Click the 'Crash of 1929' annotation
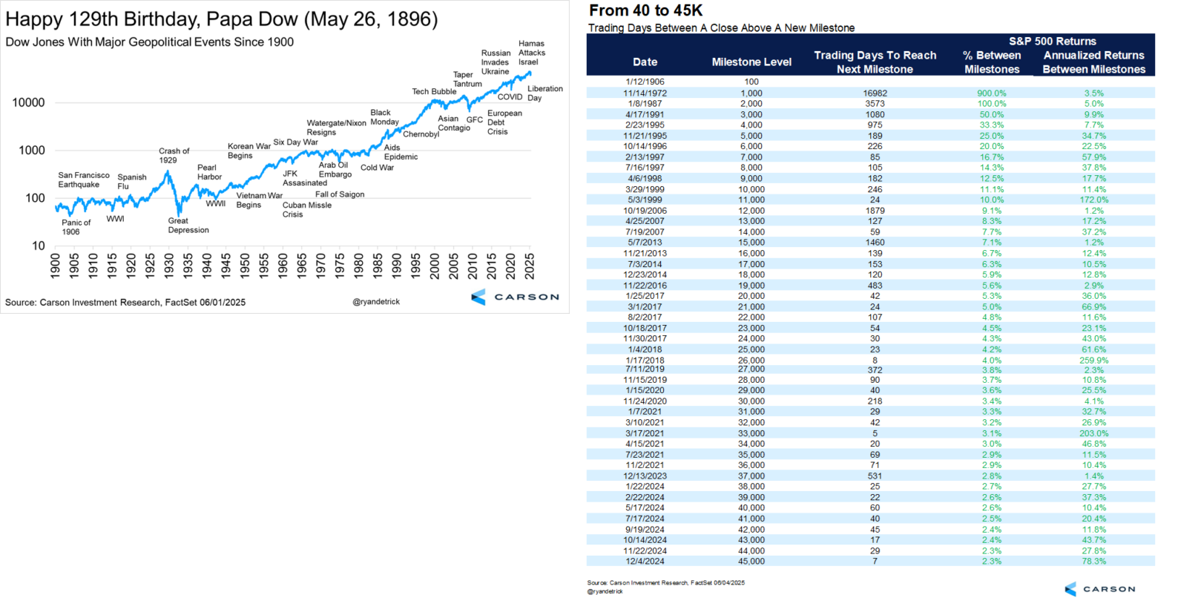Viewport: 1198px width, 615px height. (174, 155)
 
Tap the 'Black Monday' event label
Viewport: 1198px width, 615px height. (384, 117)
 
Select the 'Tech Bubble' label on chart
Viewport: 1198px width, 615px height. (434, 91)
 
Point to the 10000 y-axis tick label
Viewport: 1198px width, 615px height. (28, 102)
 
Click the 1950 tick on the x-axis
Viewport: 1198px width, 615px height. (245, 266)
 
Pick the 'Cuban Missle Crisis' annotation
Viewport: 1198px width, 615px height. (306, 209)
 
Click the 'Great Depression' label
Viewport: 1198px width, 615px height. (188, 225)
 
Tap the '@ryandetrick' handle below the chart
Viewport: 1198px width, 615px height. (376, 301)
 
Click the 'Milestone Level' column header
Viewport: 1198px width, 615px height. (751, 62)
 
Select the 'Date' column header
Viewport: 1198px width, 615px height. (645, 62)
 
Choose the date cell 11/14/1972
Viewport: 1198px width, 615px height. (645, 93)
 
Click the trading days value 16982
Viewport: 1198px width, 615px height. (875, 93)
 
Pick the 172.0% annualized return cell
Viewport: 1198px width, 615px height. (1093, 200)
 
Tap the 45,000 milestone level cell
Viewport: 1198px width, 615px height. (751, 561)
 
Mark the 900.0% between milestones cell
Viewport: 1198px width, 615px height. (991, 93)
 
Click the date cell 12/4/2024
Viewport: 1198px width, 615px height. (645, 561)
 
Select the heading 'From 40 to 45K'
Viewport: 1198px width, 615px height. (645, 10)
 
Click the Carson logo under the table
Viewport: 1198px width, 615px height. (1099, 589)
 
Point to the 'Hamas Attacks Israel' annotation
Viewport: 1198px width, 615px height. (531, 53)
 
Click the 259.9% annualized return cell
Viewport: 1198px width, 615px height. (1093, 360)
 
